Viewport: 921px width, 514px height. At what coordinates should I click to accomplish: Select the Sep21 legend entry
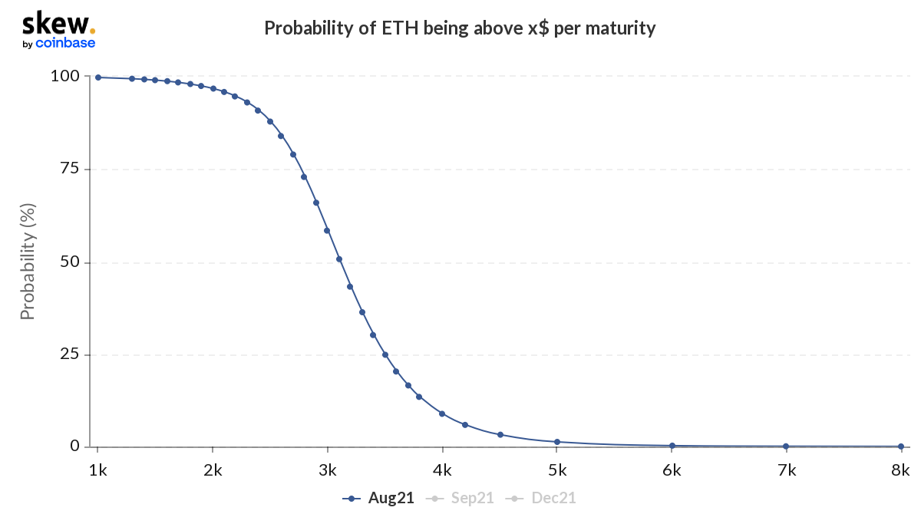coord(466,498)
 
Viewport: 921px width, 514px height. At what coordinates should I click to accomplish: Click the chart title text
coord(460,28)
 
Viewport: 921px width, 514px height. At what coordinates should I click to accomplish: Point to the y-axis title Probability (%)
coord(28,261)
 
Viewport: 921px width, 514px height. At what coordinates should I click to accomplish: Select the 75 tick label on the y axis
coord(70,169)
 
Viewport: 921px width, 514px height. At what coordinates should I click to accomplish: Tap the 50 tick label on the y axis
coord(70,262)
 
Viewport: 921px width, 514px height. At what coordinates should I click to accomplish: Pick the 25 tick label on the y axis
coord(70,354)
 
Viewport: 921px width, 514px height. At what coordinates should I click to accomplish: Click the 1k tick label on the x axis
coord(97,469)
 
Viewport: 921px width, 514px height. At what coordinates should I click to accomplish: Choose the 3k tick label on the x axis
coord(328,469)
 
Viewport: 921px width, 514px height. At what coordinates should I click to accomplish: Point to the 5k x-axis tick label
coord(557,469)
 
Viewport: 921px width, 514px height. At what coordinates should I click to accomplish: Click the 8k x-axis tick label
coord(901,469)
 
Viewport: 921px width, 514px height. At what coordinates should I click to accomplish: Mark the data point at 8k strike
coord(901,446)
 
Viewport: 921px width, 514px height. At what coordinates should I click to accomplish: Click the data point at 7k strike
coord(786,446)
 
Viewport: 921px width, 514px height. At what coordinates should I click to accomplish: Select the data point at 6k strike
coord(672,446)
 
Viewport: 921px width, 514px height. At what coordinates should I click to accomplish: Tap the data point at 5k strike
coord(557,442)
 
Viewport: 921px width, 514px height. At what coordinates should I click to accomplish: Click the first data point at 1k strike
coord(97,77)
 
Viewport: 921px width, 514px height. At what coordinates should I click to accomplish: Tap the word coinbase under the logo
coord(65,43)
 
